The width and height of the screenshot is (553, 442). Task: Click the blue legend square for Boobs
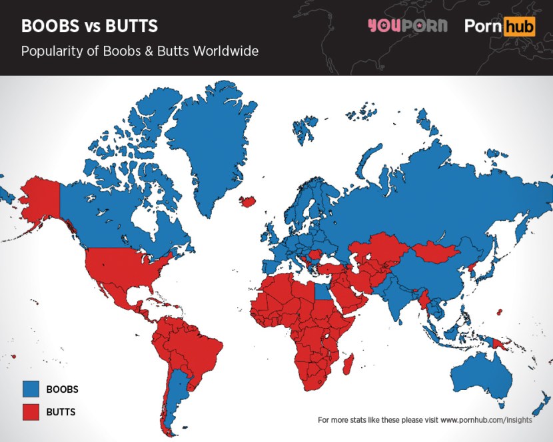31,389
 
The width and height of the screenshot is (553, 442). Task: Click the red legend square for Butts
31,411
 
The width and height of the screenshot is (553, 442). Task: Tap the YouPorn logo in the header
407,27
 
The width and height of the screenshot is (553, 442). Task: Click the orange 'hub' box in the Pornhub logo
521,27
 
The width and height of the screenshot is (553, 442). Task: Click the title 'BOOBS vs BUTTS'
89,27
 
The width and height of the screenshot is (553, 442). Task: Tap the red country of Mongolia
436,252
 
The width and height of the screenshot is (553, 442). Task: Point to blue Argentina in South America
175,399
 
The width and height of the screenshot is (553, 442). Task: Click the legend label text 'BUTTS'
61,412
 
